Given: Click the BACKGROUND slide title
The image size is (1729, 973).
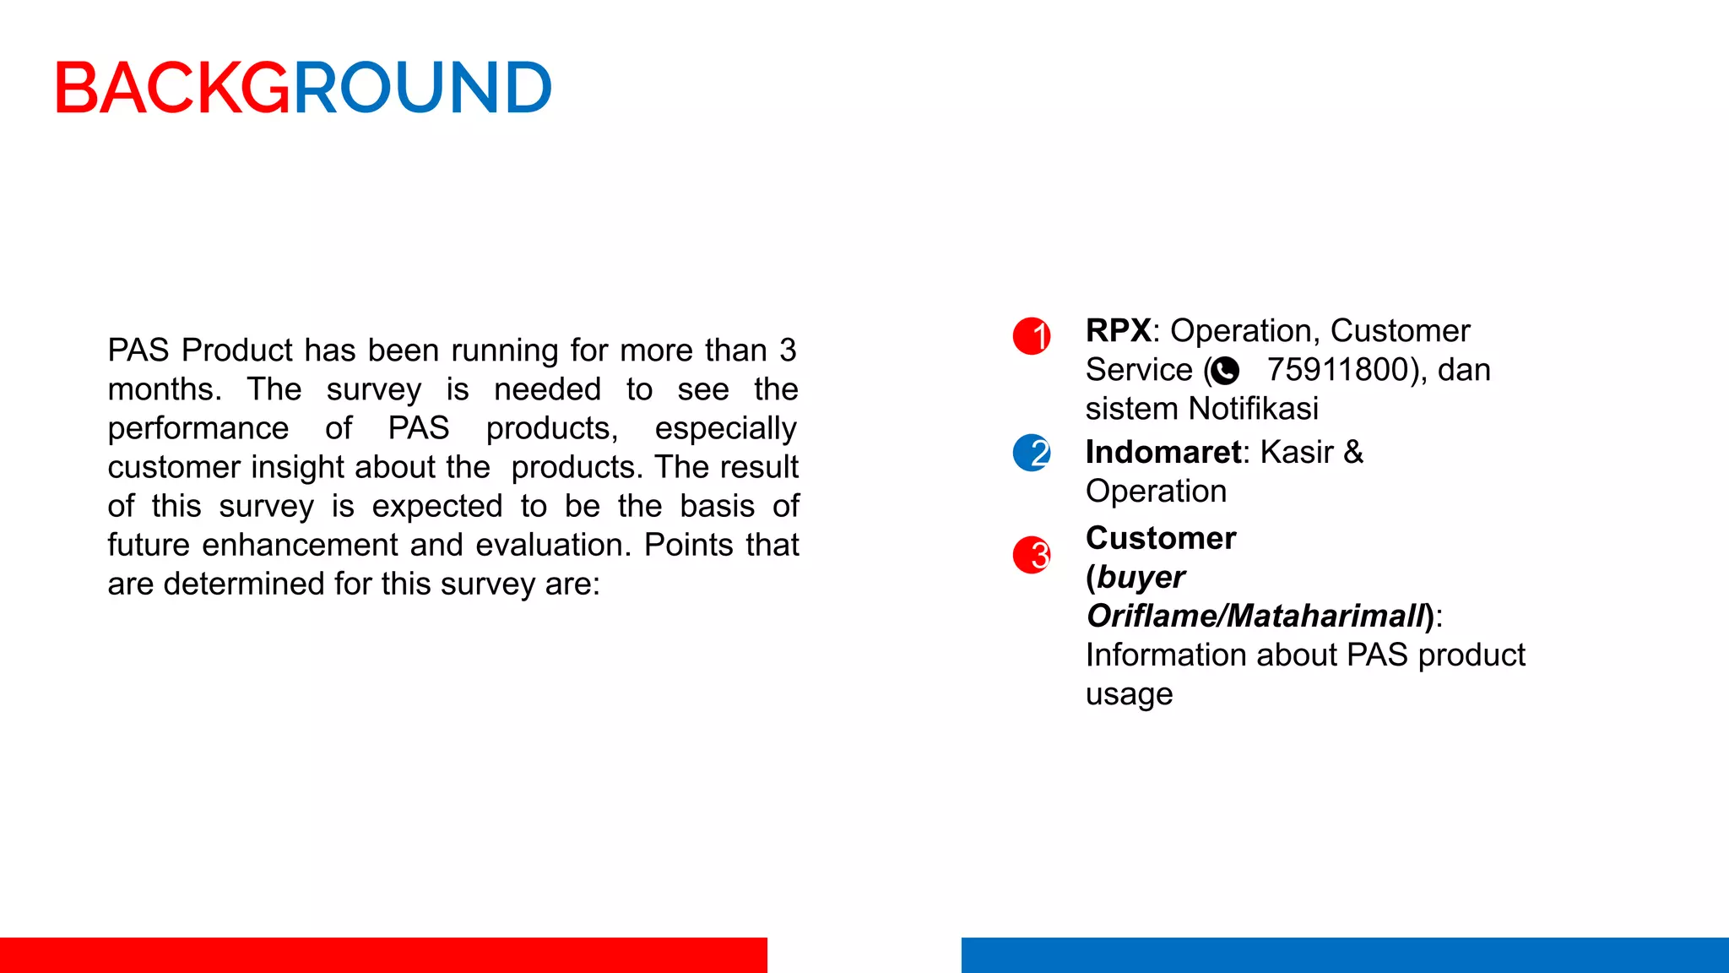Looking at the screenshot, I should pos(303,88).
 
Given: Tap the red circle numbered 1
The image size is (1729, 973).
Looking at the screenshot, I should pos(1032,335).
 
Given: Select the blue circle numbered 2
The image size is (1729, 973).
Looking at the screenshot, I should pos(1032,453).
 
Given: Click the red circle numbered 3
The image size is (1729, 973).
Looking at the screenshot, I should pos(1032,555).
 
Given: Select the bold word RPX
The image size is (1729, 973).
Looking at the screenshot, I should pos(1118,330).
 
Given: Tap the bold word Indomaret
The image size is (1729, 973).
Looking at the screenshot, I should pos(1163,452).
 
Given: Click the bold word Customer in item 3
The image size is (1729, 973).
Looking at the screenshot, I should pos(1161,538).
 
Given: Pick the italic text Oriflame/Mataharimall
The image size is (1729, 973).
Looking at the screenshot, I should pos(1255,616).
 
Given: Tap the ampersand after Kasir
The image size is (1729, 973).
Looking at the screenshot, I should pos(1353,452).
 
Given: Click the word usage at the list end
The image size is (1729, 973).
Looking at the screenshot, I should pos(1129,694).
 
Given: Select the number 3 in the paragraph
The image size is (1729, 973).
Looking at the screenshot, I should pos(787,350).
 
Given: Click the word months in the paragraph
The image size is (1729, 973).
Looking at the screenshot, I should pos(163,389).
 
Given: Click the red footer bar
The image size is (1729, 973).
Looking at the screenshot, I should pos(383,954).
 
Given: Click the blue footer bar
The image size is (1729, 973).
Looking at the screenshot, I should pos(1344,954).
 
